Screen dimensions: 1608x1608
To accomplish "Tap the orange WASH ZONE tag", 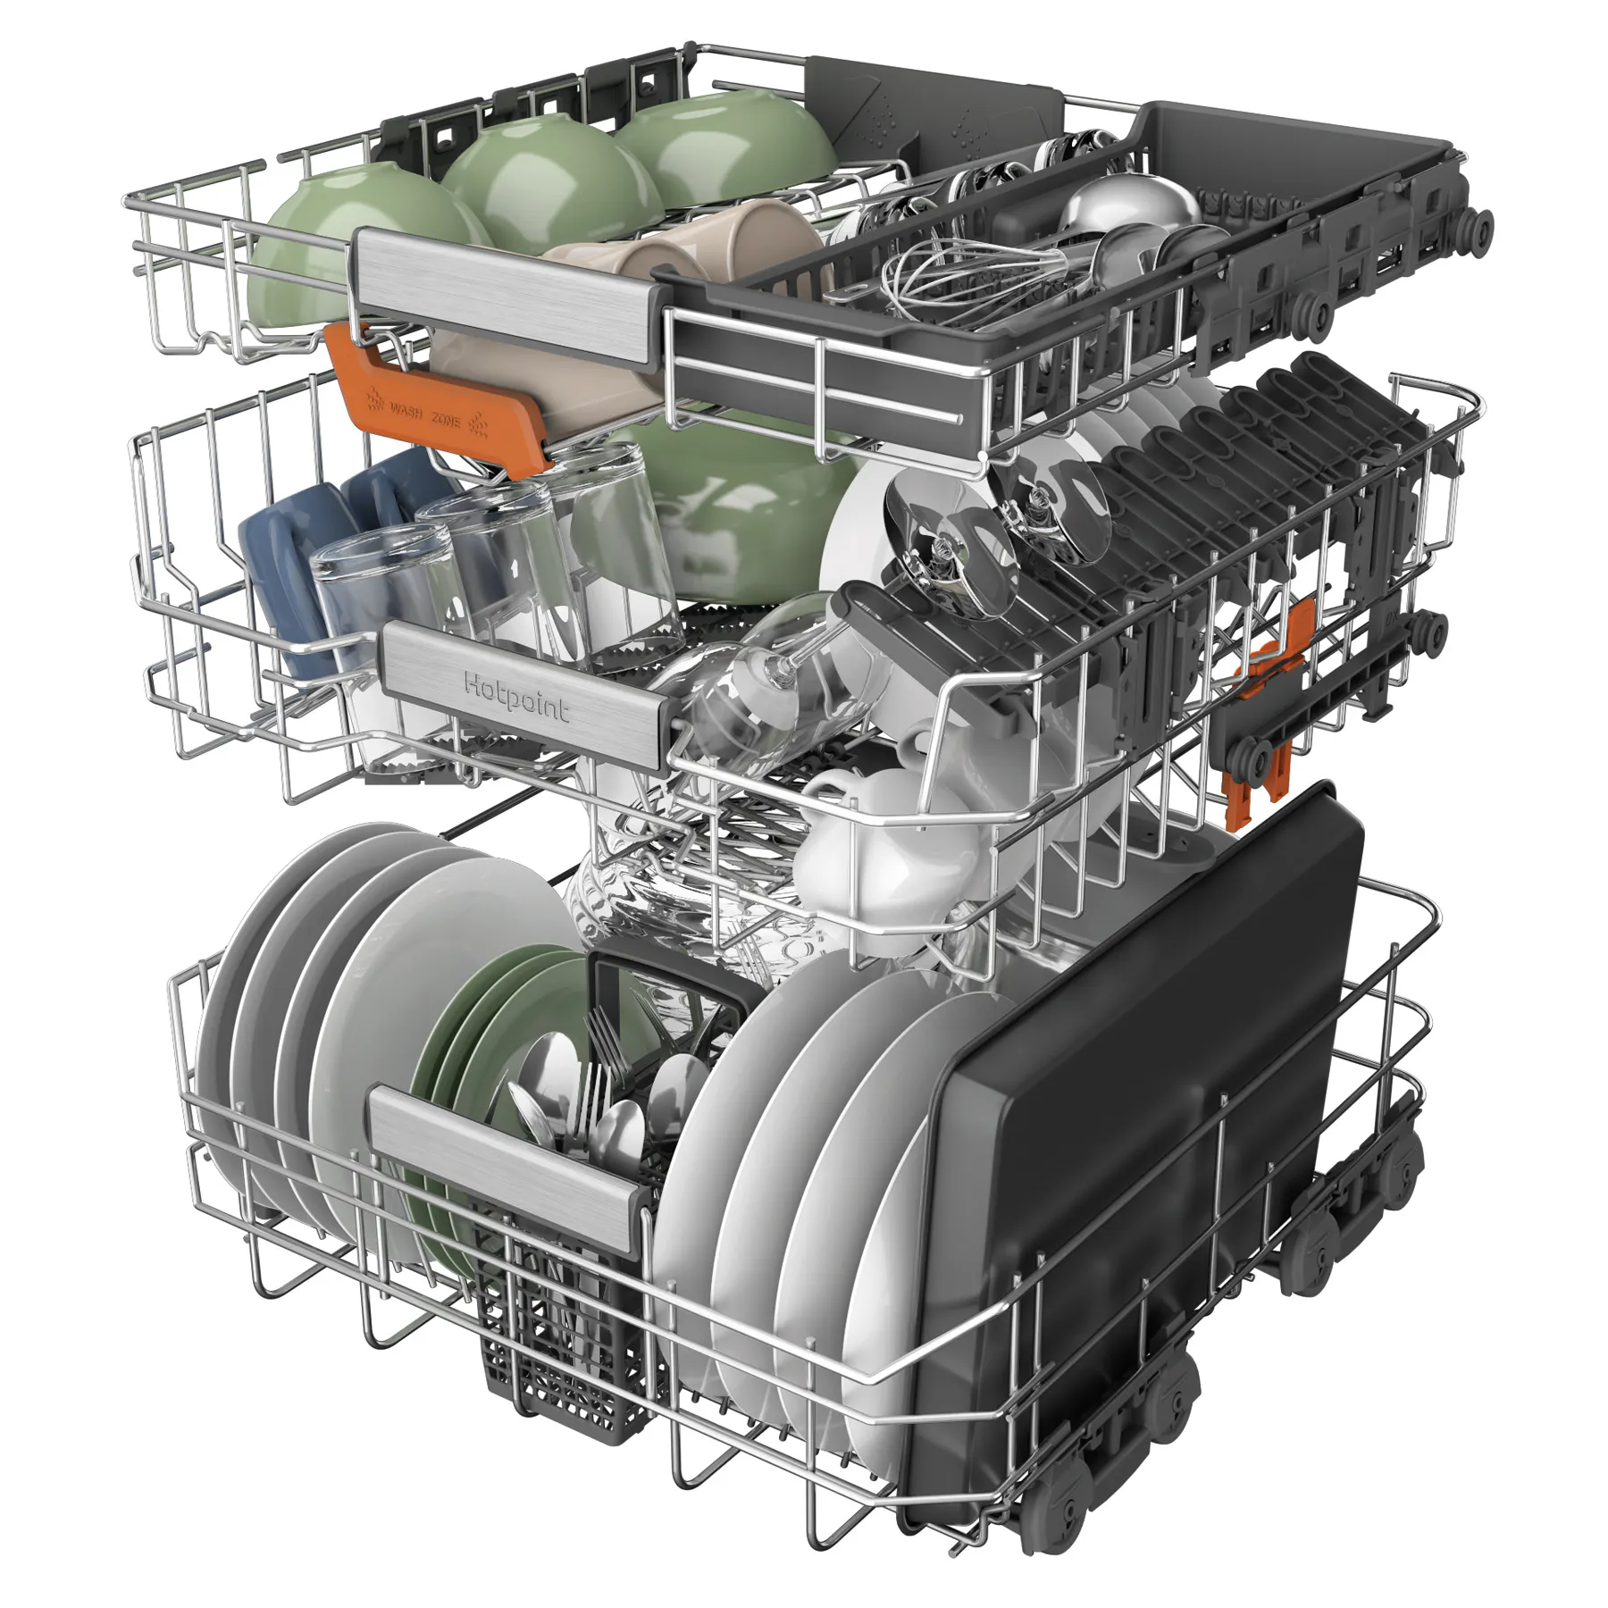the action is [438, 402].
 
